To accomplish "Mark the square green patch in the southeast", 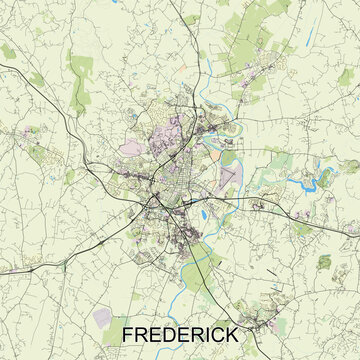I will tap(325, 261).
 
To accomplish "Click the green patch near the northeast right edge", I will tap(350, 166).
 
